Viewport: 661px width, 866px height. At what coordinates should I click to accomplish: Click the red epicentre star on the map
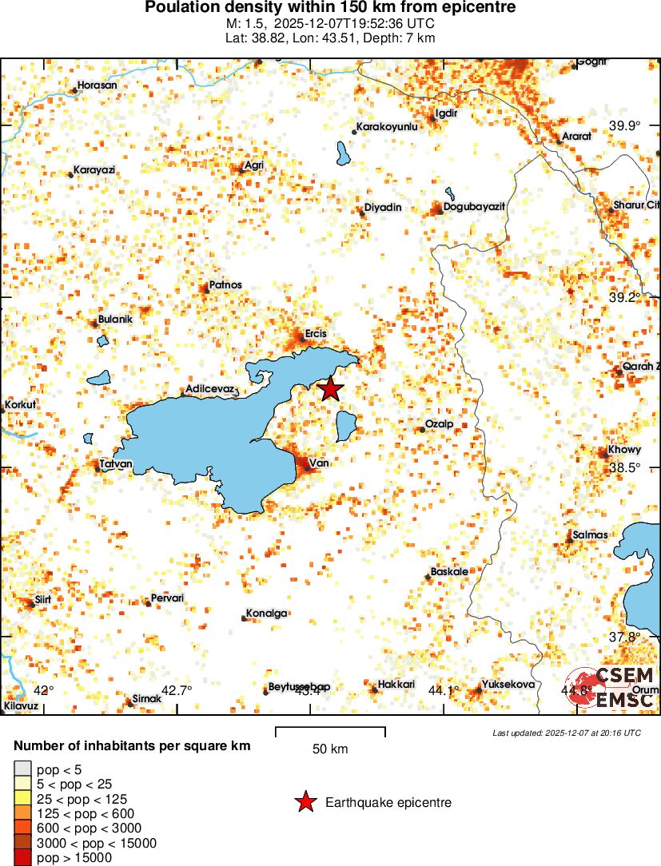point(330,389)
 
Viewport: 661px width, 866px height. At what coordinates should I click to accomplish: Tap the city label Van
point(319,463)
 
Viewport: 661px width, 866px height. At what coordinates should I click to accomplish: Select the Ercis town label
point(316,334)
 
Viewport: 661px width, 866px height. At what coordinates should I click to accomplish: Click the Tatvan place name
point(116,463)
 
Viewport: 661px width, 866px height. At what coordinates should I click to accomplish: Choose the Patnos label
point(225,284)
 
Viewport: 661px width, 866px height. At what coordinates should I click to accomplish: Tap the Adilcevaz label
point(209,389)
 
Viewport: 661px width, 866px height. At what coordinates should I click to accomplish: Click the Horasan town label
point(97,85)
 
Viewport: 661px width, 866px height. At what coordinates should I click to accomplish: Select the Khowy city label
point(624,450)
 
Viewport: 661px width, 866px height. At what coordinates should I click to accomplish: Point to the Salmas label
point(590,534)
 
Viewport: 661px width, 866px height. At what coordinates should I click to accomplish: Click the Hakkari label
point(396,685)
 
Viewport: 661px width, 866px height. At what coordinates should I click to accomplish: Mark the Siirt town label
point(42,599)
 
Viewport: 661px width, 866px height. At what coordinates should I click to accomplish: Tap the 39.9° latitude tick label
point(625,125)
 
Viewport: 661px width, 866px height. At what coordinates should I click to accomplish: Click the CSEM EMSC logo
point(613,687)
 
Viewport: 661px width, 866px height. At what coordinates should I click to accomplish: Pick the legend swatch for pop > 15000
point(22,858)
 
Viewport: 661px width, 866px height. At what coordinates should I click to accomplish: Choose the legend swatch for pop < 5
point(22,769)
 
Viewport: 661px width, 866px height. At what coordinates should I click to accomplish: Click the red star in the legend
point(305,802)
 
